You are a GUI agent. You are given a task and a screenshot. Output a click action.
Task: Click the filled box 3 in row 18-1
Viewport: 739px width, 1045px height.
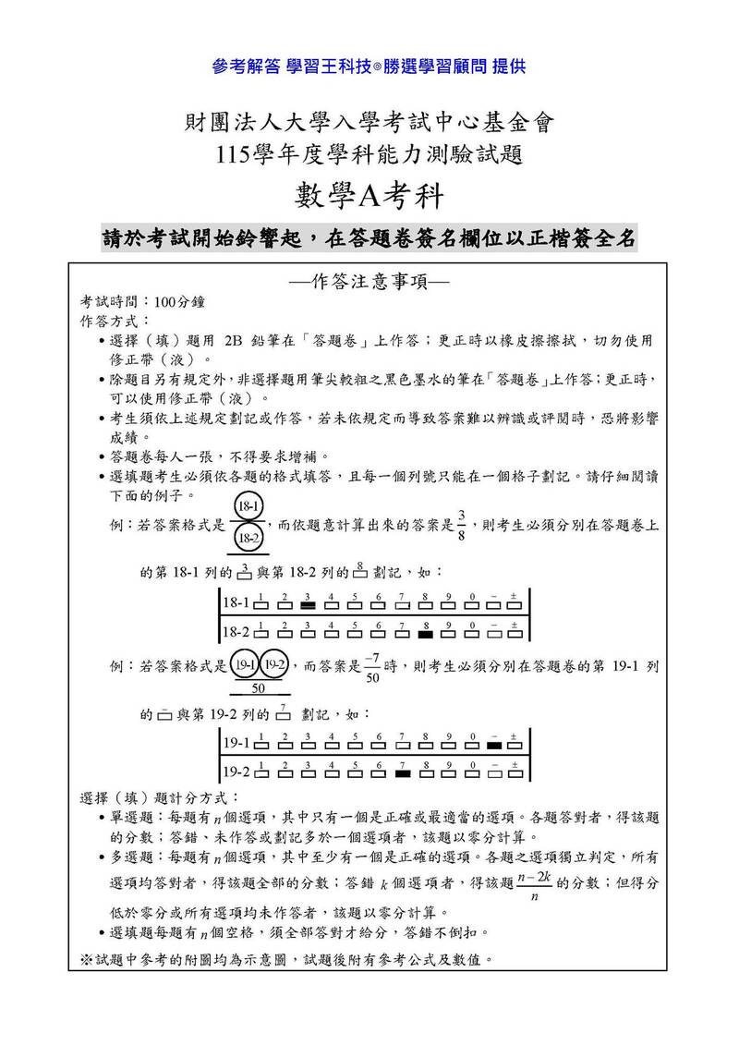click(308, 606)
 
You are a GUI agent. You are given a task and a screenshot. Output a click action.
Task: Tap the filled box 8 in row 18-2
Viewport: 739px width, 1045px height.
click(425, 635)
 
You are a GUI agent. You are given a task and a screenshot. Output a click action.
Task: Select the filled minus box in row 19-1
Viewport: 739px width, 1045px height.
click(494, 745)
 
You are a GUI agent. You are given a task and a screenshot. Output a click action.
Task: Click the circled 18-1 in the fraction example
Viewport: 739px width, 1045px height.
click(248, 507)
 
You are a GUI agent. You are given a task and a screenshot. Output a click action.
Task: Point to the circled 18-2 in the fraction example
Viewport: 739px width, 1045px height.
click(248, 537)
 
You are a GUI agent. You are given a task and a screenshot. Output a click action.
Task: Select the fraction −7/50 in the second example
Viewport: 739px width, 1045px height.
click(373, 667)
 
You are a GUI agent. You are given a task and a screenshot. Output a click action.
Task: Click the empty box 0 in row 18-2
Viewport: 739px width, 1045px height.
click(471, 635)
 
